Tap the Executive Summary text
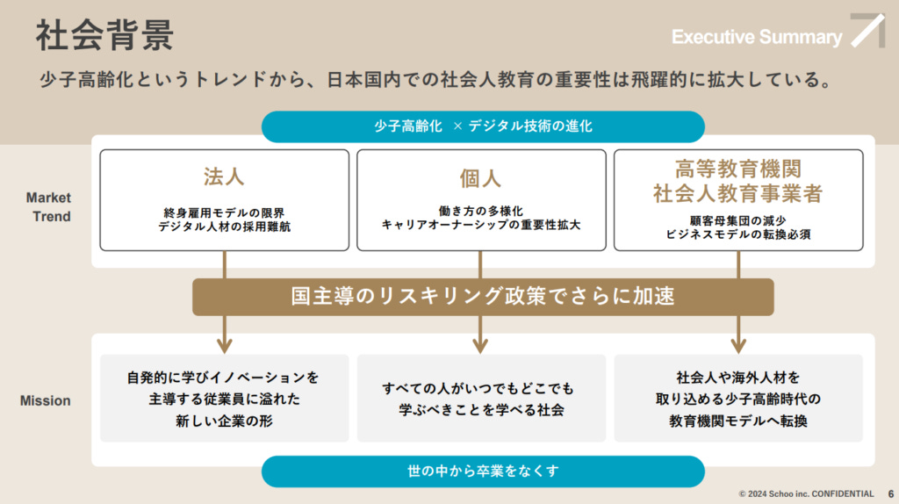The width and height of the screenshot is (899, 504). point(757,37)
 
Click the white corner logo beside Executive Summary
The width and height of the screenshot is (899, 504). point(867,31)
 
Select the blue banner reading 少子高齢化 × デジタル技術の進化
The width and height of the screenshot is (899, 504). point(483,126)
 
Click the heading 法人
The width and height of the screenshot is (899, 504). point(224,176)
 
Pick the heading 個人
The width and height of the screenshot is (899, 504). point(480,178)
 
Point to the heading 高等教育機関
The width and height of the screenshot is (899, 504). point(737,169)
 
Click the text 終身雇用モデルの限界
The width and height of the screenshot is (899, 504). point(224,212)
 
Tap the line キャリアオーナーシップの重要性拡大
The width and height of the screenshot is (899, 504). point(480,225)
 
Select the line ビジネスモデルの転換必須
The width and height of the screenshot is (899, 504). point(737,234)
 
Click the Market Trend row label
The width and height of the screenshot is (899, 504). point(48,207)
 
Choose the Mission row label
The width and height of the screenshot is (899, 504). point(46,400)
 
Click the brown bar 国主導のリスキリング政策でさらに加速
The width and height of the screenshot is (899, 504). point(483,297)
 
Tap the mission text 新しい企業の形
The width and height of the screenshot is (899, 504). point(224,421)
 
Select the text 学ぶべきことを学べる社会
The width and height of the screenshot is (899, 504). point(480,410)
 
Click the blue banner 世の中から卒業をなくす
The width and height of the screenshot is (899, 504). point(483,472)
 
